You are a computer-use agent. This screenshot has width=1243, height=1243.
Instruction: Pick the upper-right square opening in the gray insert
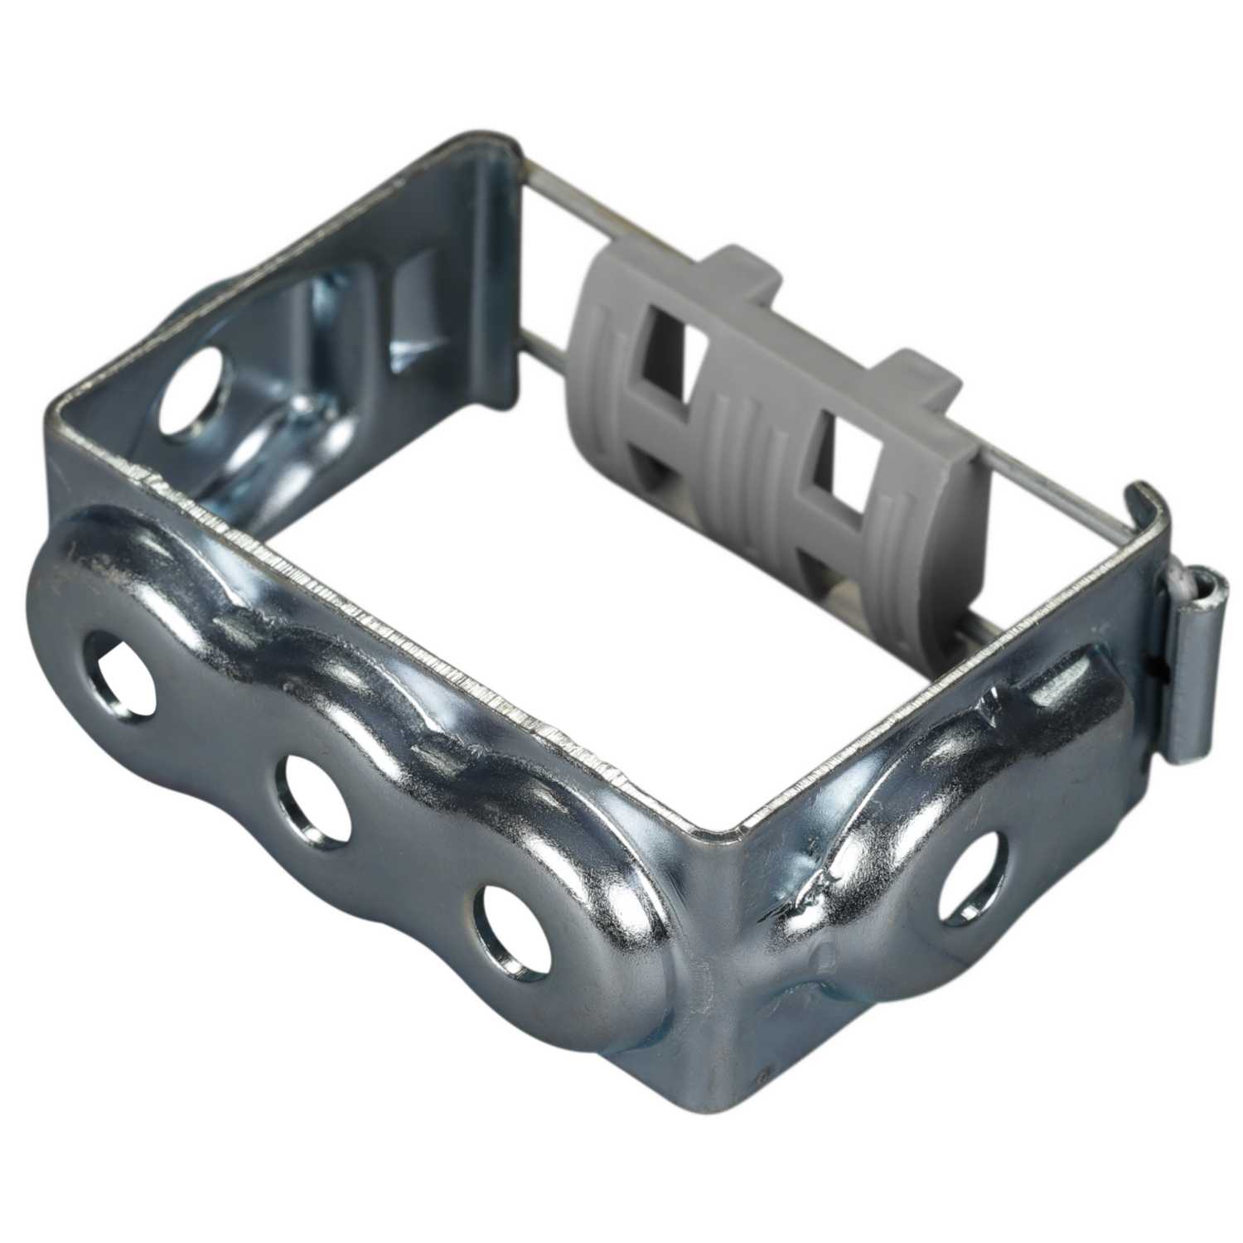(837, 452)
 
